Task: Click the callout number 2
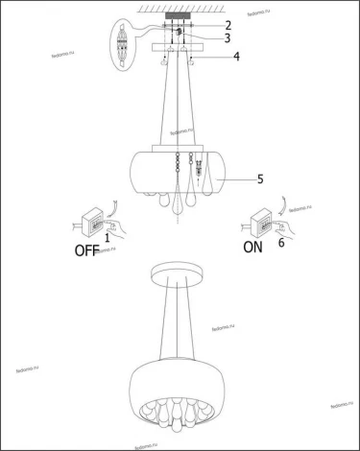click(228, 24)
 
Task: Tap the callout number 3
click(228, 38)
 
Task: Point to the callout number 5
click(233, 178)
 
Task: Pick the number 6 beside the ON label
click(280, 244)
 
